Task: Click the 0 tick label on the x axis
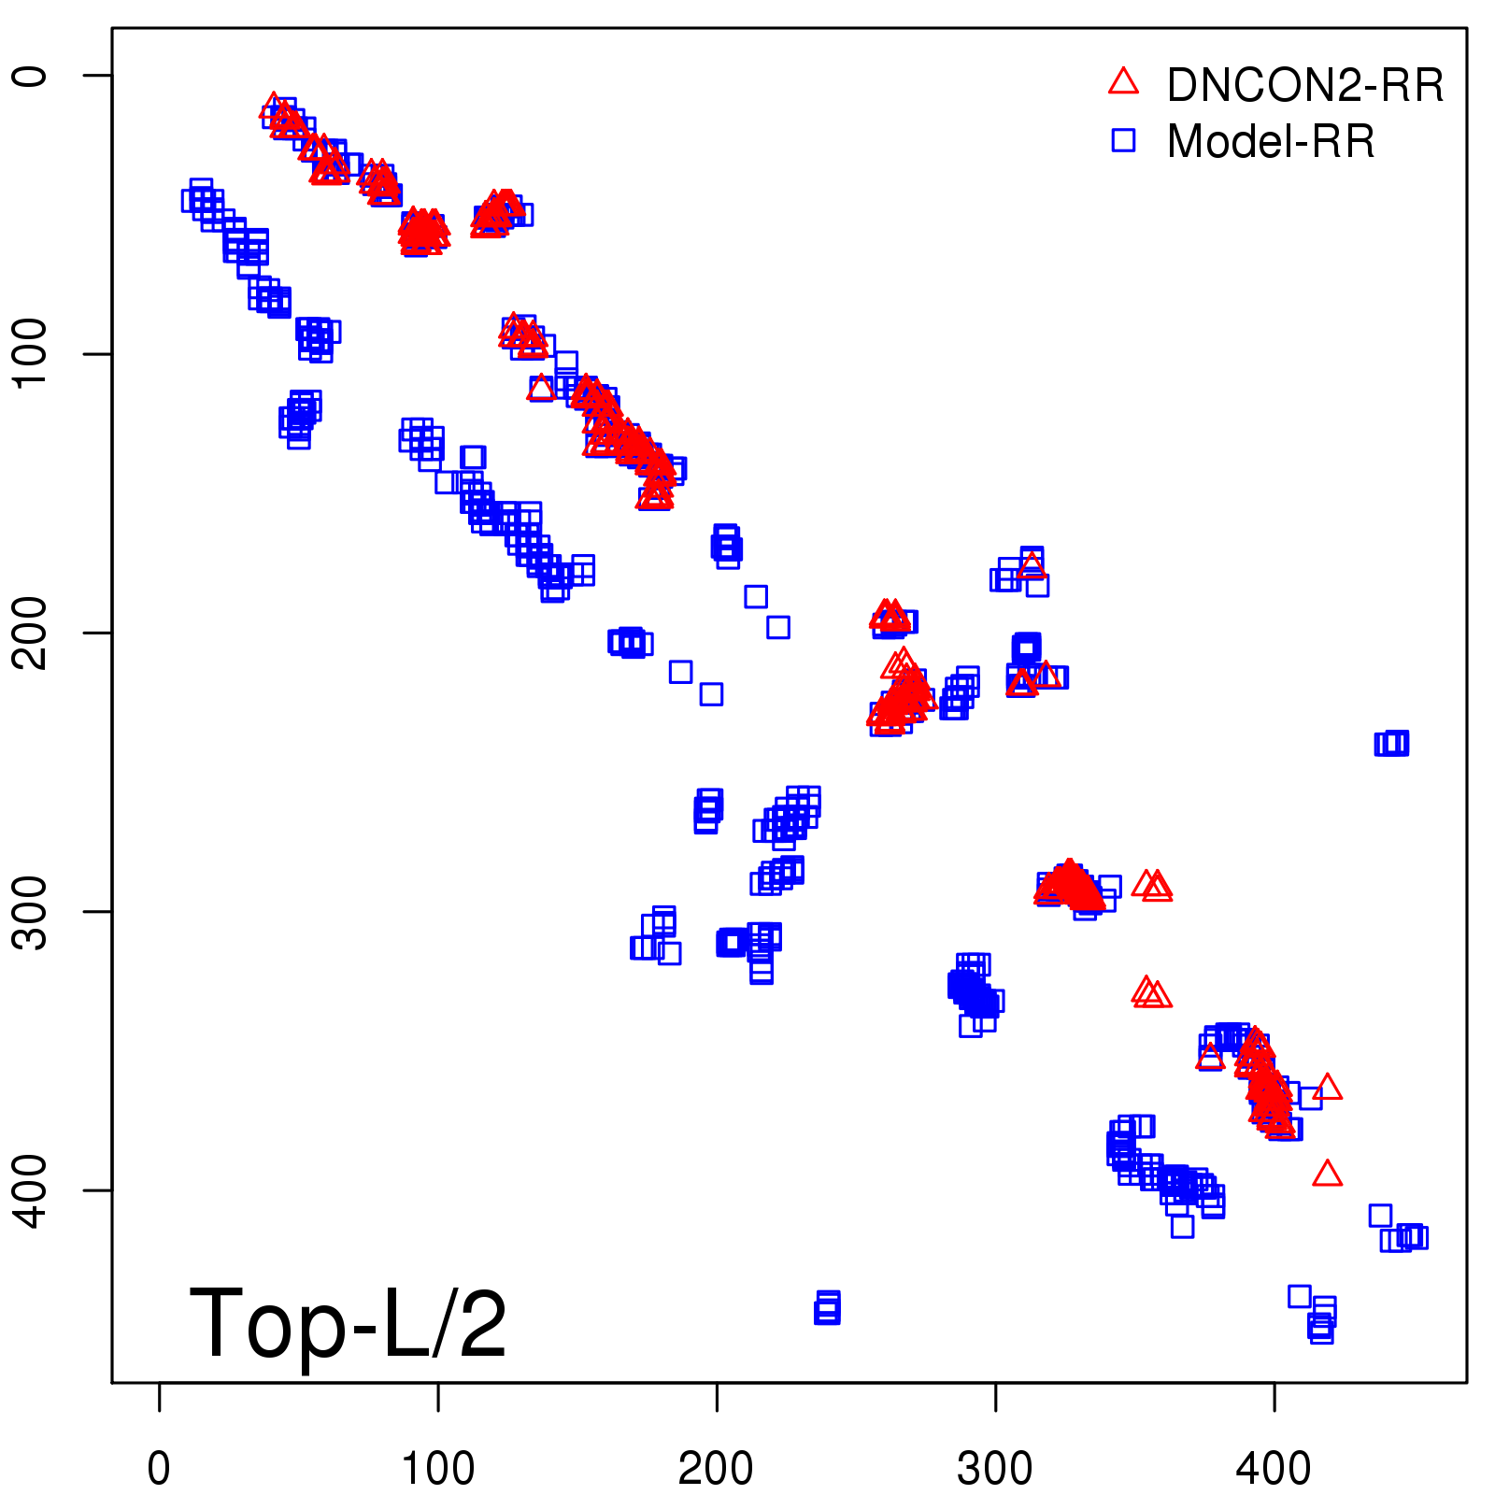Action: (x=159, y=1468)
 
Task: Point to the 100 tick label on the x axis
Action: (x=437, y=1468)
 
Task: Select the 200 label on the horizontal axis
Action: (x=716, y=1468)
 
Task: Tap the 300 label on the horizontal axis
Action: (x=995, y=1468)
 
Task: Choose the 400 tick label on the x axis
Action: (x=1274, y=1468)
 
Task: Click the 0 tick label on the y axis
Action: (x=31, y=75)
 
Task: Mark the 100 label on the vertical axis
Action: (x=31, y=353)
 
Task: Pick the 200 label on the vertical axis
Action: (x=31, y=633)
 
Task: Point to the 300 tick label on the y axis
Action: (x=31, y=911)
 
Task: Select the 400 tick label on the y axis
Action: (x=31, y=1189)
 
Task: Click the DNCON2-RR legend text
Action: (x=1304, y=86)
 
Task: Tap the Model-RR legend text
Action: (x=1271, y=142)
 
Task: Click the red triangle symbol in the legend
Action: (x=1123, y=82)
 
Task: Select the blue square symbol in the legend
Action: (x=1123, y=141)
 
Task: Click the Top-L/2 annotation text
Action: (x=348, y=1323)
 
